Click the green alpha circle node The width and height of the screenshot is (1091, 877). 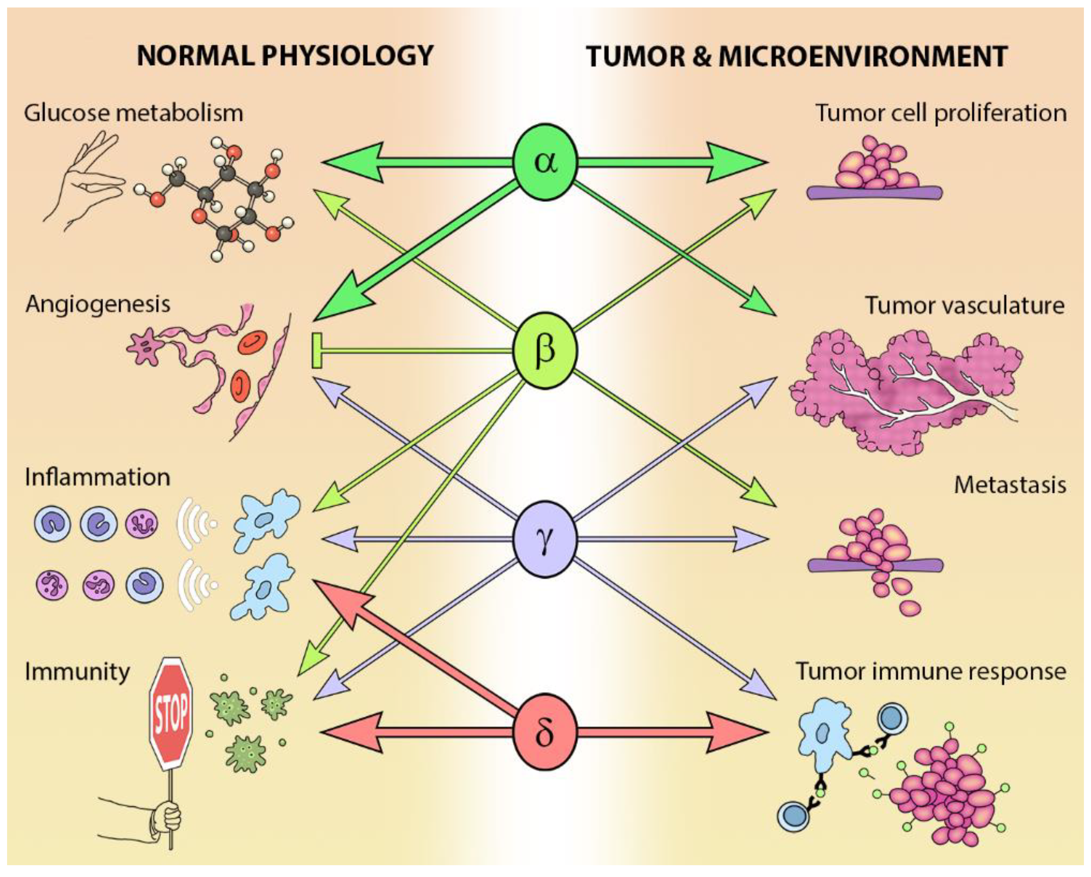(545, 162)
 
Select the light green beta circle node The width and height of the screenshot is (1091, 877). (545, 350)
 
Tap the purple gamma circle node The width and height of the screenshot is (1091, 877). (545, 540)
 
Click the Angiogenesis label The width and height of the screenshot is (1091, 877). (98, 304)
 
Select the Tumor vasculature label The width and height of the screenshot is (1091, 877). (965, 306)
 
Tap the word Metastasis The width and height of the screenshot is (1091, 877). (1010, 485)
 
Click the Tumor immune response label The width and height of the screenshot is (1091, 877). (931, 671)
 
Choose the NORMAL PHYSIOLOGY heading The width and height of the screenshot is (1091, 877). (285, 56)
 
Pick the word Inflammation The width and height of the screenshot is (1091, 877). (97, 477)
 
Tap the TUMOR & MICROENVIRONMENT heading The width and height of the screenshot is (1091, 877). (796, 56)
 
